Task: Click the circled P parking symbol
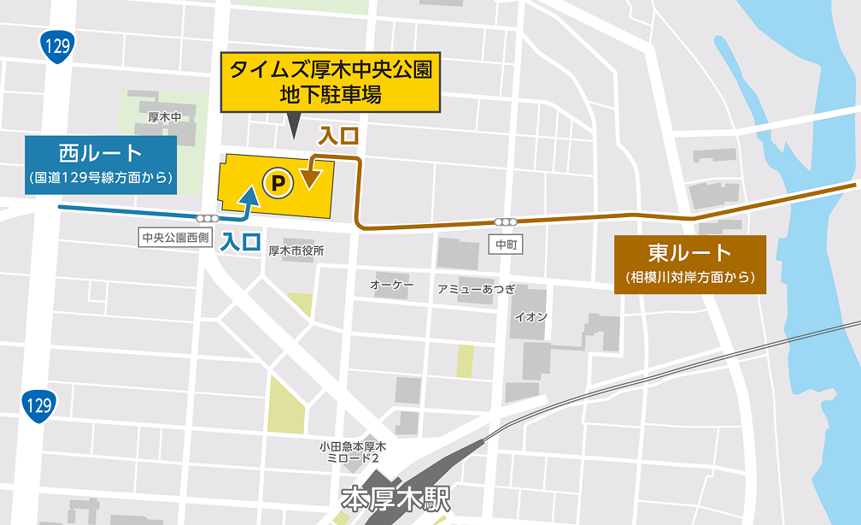point(278,180)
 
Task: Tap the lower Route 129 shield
point(38,403)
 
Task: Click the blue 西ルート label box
point(101,162)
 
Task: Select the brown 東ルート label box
point(690,262)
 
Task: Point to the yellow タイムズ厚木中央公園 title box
point(330,82)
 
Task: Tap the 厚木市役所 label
point(296,251)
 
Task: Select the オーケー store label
point(392,284)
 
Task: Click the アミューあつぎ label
point(476,289)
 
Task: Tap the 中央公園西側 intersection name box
point(174,237)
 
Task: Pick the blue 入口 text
point(240,242)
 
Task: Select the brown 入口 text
point(337,136)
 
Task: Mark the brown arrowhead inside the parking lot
point(311,178)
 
